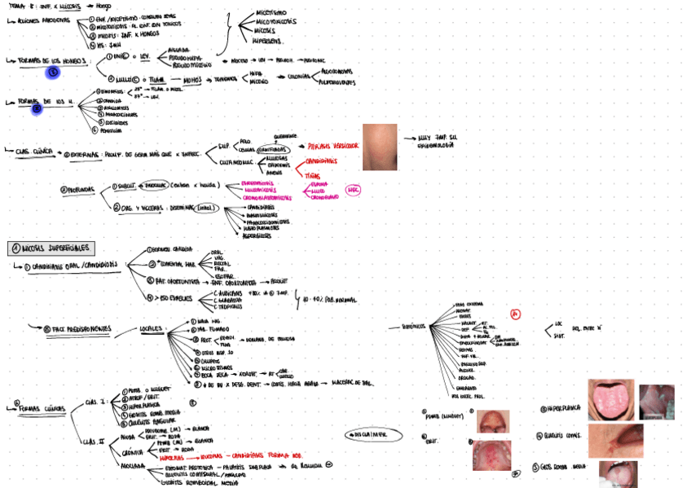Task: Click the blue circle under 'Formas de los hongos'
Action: pos(52,73)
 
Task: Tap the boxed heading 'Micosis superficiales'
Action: pos(51,248)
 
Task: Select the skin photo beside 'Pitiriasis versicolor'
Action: pos(380,146)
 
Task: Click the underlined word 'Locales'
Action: pos(150,329)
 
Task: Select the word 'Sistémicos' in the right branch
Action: pos(416,325)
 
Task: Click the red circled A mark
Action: pos(515,314)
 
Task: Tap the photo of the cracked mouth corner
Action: pos(615,439)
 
